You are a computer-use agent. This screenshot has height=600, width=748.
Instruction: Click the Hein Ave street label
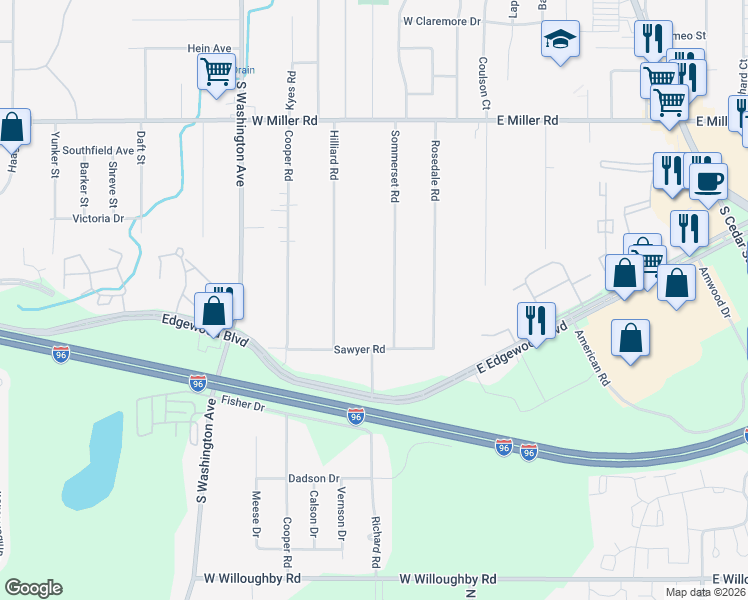click(x=209, y=48)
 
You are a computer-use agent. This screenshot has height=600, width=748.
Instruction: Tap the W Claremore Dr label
click(x=442, y=20)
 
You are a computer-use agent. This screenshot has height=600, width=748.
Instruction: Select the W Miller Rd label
click(x=284, y=120)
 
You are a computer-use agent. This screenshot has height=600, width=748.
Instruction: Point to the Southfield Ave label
click(x=98, y=151)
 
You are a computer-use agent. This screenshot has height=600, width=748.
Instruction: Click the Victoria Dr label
click(x=97, y=218)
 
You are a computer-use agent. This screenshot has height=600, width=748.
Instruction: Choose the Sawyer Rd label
click(x=360, y=350)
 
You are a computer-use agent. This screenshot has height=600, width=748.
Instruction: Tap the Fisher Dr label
click(x=243, y=405)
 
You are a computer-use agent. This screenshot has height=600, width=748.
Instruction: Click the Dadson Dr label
click(x=315, y=479)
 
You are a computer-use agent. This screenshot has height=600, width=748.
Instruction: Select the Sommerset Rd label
click(x=395, y=165)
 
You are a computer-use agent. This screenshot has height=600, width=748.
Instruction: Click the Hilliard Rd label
click(x=333, y=158)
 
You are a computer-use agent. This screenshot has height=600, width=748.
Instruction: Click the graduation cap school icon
click(x=560, y=41)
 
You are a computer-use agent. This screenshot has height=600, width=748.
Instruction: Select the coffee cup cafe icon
click(x=709, y=182)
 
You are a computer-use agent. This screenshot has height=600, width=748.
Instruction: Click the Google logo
click(x=33, y=588)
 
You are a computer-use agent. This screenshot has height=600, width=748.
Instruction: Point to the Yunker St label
click(x=56, y=158)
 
